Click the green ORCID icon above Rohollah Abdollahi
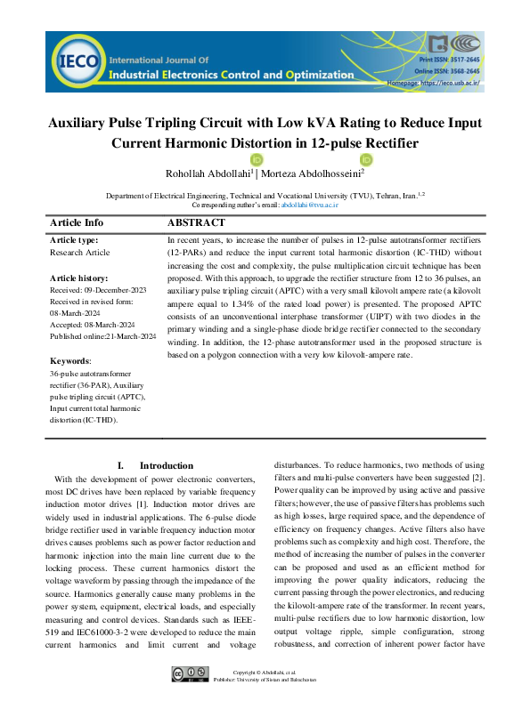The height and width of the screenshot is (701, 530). click(232, 159)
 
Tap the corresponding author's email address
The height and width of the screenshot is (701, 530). click(310, 205)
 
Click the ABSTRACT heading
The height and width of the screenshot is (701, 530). click(196, 223)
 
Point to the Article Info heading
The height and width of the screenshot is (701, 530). click(77, 223)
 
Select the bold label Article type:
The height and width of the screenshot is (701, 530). click(74, 240)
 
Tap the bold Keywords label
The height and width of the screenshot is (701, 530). click(70, 361)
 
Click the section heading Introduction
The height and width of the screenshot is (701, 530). click(166, 465)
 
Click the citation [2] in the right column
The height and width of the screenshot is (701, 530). click(477, 478)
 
